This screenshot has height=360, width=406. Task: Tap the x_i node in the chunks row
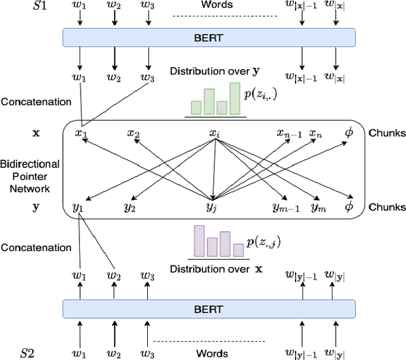click(215, 134)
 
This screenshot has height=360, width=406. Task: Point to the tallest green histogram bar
click(235, 99)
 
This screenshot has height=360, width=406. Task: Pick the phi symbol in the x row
click(348, 134)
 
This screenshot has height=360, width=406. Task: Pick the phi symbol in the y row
click(348, 207)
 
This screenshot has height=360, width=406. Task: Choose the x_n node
click(315, 134)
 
